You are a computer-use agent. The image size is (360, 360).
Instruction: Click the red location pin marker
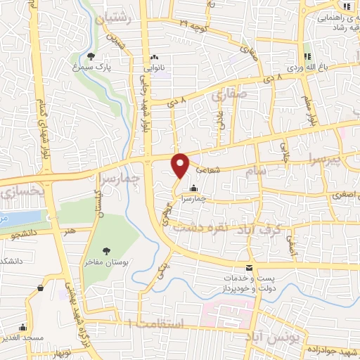pos(181,165)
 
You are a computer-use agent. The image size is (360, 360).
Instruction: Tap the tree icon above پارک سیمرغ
pos(91,56)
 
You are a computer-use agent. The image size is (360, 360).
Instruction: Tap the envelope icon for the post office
pos(249,267)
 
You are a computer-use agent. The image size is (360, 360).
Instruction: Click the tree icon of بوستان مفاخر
pos(106,250)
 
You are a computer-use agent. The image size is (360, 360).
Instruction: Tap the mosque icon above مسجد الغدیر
pos(24,327)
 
